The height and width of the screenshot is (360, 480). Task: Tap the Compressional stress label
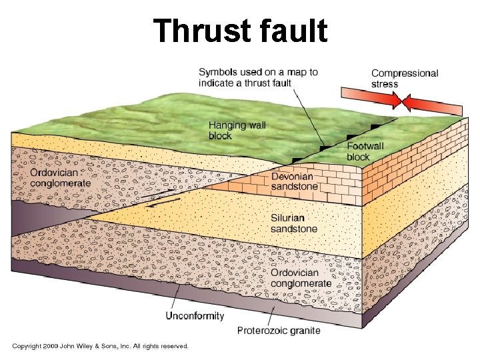coord(404,79)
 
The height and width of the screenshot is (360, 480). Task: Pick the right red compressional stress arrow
coord(433,105)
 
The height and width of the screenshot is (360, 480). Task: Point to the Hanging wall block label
coord(237,130)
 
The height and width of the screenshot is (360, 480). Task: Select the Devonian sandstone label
coord(294,181)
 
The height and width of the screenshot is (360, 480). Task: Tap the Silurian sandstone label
coord(294,223)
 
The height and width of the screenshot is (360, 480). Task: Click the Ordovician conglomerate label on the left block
coord(60,178)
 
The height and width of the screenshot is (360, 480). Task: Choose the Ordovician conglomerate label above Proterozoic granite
coord(301,278)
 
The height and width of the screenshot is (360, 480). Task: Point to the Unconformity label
coord(194,316)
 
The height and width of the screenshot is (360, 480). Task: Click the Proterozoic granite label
coord(279,330)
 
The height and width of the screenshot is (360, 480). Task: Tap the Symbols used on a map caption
coord(258,77)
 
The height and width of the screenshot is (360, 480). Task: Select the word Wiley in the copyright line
coord(91,346)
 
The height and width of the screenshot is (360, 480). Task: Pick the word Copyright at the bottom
coord(27,346)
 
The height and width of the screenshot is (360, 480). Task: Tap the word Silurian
coord(287,218)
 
